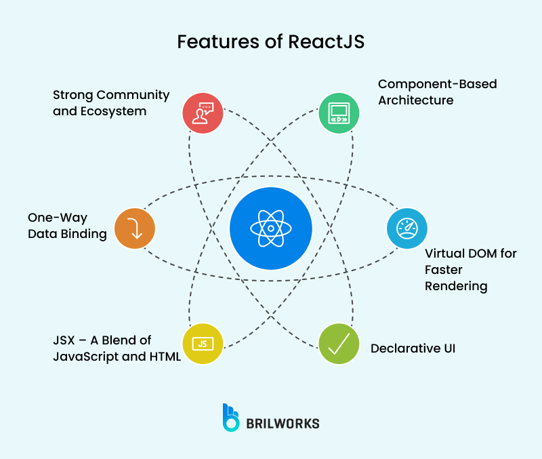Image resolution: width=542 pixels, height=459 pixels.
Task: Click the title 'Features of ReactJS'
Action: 270,41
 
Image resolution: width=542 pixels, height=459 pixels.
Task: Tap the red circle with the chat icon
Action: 203,111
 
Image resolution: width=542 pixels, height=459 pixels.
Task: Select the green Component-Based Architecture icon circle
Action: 339,111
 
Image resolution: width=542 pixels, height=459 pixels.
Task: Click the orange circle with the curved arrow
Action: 135,227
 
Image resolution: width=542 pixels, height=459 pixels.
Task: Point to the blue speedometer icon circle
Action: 406,228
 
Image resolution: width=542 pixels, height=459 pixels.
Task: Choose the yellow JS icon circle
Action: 203,344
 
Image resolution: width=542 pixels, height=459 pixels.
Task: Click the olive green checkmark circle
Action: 339,344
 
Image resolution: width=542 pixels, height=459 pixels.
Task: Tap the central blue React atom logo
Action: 271,228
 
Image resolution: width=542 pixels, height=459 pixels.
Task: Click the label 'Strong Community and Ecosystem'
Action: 111,102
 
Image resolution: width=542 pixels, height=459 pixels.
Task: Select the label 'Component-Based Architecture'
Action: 437,92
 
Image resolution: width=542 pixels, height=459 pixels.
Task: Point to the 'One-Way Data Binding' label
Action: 67,226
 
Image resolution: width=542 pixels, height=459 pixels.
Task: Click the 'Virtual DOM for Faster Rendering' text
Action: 470,269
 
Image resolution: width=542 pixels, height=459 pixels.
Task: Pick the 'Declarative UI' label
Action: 413,348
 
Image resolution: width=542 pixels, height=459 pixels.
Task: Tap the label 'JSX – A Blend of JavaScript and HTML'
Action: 117,348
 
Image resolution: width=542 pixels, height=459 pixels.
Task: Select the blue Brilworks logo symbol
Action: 231,418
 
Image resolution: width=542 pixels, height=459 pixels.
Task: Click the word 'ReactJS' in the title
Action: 325,41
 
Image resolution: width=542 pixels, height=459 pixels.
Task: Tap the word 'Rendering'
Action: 456,285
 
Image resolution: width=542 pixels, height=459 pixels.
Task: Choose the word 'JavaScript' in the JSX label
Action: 85,357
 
